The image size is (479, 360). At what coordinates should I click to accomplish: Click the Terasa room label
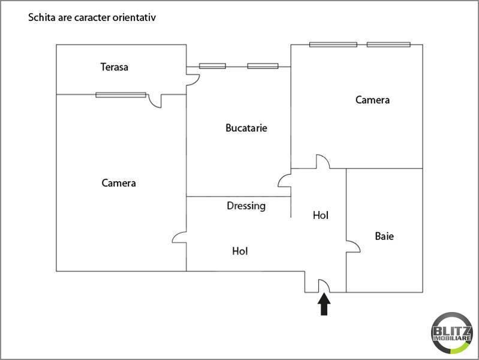point(114,67)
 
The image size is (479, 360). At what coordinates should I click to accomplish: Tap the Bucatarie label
point(246,128)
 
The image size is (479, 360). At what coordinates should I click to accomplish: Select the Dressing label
point(246,206)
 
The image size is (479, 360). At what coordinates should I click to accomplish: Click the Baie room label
point(384,236)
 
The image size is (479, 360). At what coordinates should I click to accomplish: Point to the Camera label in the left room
point(119,183)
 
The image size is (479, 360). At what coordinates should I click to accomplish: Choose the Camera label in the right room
point(372,100)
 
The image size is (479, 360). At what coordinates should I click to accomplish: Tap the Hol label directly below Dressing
point(240,251)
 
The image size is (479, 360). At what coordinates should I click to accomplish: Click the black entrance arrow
point(324,304)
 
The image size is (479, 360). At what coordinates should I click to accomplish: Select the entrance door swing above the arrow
point(324,286)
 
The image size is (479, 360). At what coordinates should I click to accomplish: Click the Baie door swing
point(353,242)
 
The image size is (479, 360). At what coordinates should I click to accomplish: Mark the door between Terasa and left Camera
point(156,101)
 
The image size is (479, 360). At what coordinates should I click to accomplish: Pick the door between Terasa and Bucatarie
point(192,79)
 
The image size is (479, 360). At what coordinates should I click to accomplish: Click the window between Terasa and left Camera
point(120,94)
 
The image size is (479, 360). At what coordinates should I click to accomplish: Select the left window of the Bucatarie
point(212,66)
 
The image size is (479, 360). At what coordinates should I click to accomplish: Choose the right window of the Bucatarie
point(263,66)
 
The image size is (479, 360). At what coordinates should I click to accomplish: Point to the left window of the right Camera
point(333,44)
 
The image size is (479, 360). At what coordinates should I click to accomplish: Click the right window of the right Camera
point(388,44)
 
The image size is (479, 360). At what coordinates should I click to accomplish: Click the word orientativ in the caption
point(132,18)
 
